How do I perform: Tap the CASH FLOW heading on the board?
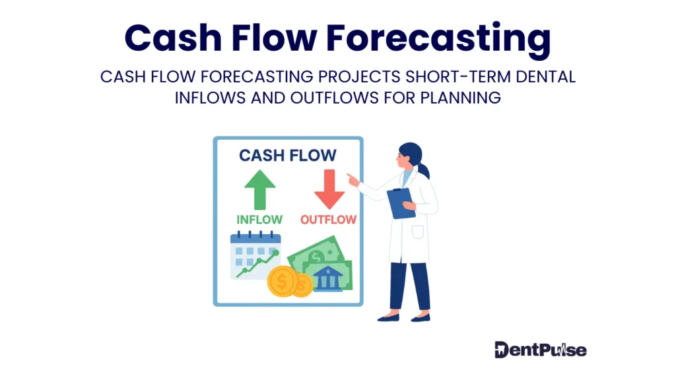[287, 156]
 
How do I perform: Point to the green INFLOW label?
[259, 219]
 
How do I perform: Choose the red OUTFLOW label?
[328, 219]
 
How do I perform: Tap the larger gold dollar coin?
[281, 281]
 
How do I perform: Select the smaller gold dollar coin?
[303, 284]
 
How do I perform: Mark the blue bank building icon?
[327, 278]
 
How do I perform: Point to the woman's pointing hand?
[353, 179]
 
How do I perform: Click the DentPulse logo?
[540, 349]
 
